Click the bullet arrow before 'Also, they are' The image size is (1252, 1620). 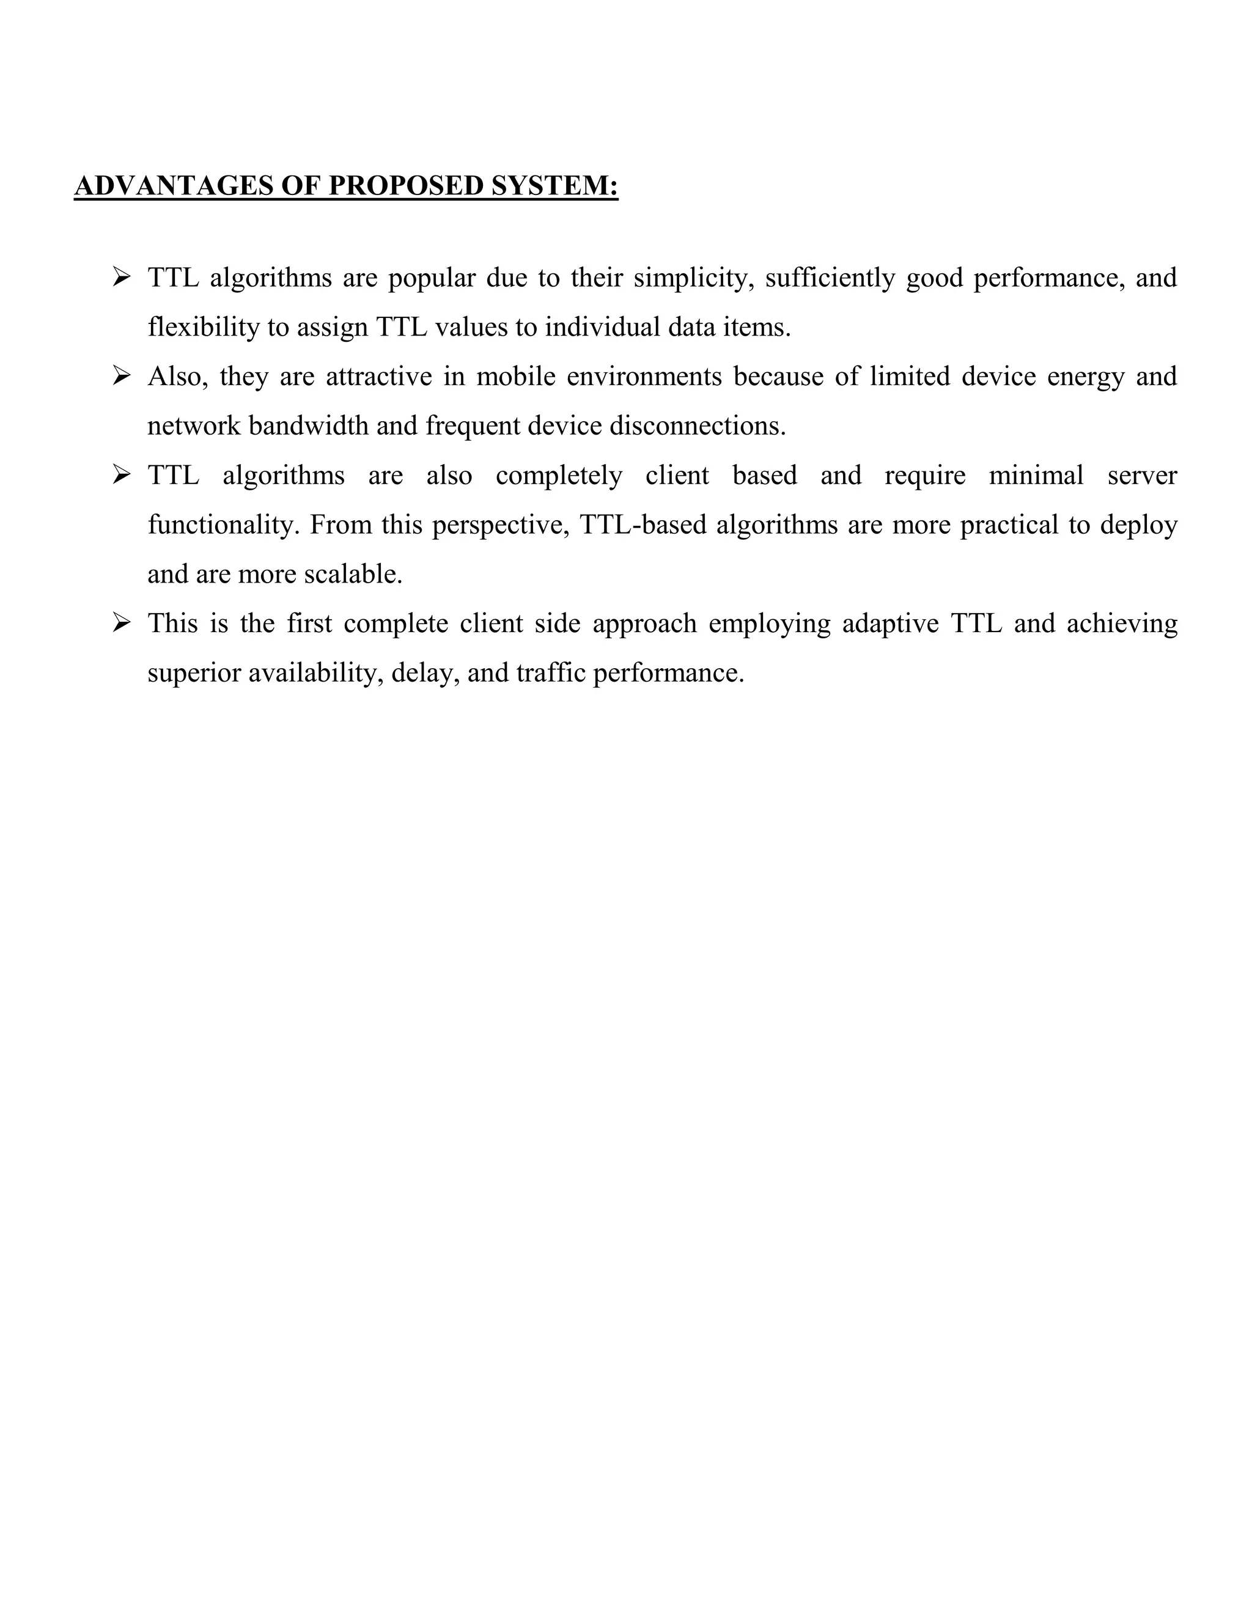coord(122,377)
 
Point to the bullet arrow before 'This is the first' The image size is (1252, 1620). coord(122,624)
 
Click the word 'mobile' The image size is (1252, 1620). coord(515,377)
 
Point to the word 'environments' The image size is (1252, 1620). coord(644,377)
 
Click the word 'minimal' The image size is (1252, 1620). coord(1036,476)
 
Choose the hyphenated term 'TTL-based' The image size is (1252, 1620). coord(643,525)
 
